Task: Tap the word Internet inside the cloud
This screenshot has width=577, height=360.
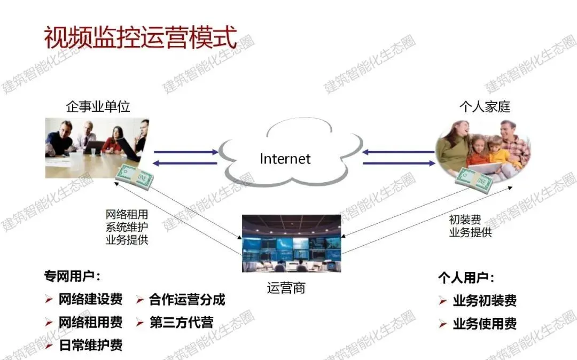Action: [x=285, y=158]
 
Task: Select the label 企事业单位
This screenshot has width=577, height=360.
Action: [x=98, y=106]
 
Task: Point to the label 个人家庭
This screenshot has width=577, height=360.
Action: [x=485, y=106]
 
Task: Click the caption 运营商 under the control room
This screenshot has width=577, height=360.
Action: [x=286, y=288]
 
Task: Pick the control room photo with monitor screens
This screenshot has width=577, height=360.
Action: [x=291, y=243]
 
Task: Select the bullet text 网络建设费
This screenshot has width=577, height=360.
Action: [x=90, y=299]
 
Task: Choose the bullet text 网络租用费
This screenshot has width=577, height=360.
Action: [x=90, y=322]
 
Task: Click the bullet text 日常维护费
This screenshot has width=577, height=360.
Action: [x=90, y=345]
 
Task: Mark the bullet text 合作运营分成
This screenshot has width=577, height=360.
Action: [x=187, y=299]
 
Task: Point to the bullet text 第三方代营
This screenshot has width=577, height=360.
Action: [x=181, y=322]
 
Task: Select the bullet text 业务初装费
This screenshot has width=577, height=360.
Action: [x=485, y=301]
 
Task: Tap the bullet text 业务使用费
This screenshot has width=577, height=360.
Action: [x=485, y=324]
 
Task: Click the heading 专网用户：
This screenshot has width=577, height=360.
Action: [x=72, y=277]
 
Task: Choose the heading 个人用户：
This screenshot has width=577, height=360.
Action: [x=466, y=278]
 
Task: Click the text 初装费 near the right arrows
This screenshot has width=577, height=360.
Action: [x=465, y=220]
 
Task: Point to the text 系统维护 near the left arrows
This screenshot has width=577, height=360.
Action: [x=127, y=227]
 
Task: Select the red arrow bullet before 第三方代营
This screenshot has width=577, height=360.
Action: [x=140, y=323]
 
